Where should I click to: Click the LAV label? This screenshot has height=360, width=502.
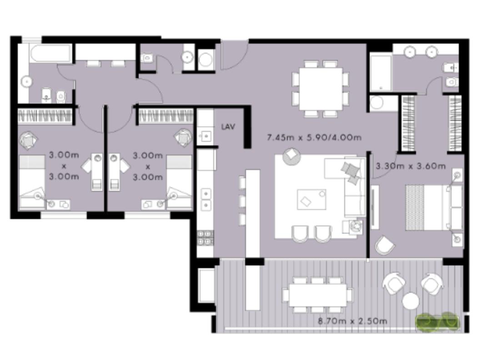click(x=228, y=127)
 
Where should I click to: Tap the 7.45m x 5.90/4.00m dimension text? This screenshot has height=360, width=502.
click(x=314, y=138)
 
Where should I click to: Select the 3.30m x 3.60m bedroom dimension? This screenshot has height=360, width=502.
click(x=411, y=166)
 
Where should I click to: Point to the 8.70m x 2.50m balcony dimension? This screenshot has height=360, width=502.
click(x=352, y=320)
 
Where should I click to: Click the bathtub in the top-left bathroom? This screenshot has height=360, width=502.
click(x=50, y=53)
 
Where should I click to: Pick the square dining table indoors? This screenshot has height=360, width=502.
click(x=321, y=88)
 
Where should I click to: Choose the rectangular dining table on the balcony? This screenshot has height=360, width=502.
click(x=317, y=295)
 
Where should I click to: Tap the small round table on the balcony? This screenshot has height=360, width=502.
click(x=411, y=301)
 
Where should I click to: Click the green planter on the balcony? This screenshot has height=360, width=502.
click(x=437, y=321)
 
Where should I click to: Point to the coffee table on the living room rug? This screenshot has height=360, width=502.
click(x=311, y=200)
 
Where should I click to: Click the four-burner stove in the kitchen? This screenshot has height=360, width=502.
click(x=205, y=238)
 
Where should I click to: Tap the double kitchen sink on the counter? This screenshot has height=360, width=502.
click(x=206, y=200)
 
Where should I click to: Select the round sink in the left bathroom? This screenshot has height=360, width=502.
click(x=27, y=82)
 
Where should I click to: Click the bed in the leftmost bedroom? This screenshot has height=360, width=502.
click(x=32, y=182)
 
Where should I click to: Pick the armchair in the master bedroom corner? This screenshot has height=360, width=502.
click(x=385, y=245)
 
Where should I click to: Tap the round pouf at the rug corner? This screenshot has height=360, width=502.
click(x=291, y=156)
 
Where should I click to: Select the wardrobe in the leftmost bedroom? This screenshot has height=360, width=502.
click(x=45, y=116)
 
